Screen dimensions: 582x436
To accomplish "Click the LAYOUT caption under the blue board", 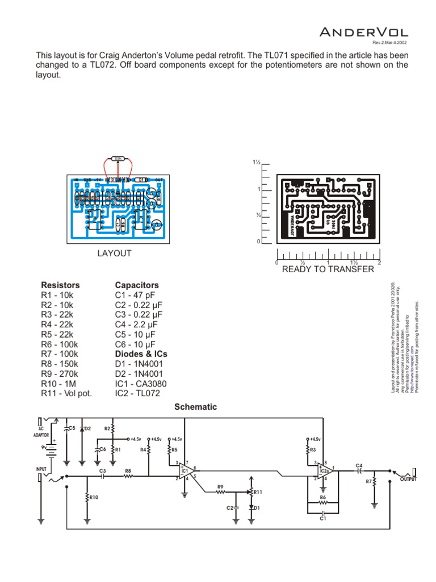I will coord(114,253).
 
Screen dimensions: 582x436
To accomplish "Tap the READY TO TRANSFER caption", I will coord(328,269).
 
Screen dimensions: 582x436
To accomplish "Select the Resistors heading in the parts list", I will coord(60,285).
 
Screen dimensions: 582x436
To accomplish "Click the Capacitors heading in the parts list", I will coord(137,285).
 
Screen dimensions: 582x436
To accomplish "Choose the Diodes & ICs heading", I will coord(141,354).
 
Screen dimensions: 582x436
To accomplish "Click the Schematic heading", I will coord(195,407).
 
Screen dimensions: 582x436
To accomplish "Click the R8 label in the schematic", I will coord(128,471).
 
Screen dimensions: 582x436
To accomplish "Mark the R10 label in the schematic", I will coord(93,497).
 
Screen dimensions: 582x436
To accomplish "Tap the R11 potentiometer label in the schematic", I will coord(258,492).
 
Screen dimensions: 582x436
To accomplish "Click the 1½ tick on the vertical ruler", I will coord(256,163).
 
